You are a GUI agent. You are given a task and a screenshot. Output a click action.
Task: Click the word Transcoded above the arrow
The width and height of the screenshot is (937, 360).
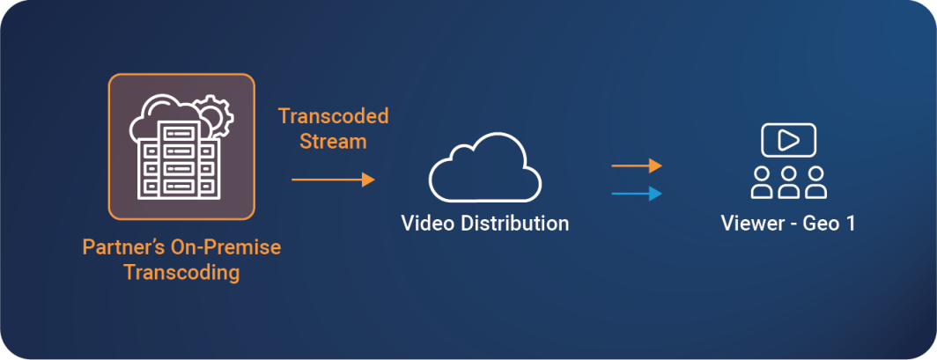pyautogui.click(x=334, y=116)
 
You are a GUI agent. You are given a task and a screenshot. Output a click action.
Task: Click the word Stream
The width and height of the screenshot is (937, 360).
pyautogui.click(x=334, y=142)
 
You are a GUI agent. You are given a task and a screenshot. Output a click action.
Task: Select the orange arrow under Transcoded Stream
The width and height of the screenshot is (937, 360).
pyautogui.click(x=333, y=179)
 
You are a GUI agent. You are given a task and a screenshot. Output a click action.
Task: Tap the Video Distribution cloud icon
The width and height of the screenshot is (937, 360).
pyautogui.click(x=484, y=168)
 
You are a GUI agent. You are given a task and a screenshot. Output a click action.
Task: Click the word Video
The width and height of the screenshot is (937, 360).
pyautogui.click(x=428, y=224)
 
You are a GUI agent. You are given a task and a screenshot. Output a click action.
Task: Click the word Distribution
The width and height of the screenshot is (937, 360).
pyautogui.click(x=514, y=224)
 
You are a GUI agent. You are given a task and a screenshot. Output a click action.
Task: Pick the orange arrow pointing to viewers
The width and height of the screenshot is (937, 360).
pyautogui.click(x=637, y=165)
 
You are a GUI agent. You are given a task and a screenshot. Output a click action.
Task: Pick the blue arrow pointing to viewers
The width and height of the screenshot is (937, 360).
pyautogui.click(x=637, y=194)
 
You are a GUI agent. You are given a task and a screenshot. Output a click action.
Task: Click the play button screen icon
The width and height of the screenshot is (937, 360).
pyautogui.click(x=788, y=140)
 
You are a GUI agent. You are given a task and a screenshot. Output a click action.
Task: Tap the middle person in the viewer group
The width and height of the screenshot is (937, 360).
pyautogui.click(x=789, y=182)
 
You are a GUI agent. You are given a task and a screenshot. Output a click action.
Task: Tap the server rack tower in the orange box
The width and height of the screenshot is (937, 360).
pyautogui.click(x=180, y=160)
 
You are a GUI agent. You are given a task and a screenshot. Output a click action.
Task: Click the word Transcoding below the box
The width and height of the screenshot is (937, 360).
pyautogui.click(x=181, y=273)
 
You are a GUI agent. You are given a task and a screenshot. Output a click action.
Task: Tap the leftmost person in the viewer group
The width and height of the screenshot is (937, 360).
pyautogui.click(x=761, y=182)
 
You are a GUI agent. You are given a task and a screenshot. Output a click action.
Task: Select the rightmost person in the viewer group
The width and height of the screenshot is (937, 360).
pyautogui.click(x=815, y=182)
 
